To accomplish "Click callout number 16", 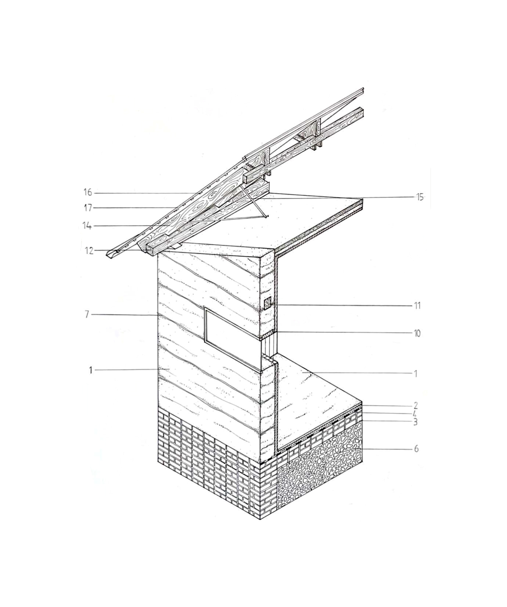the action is tap(88, 192).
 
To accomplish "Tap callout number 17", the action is tap(88, 208).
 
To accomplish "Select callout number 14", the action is tap(87, 226).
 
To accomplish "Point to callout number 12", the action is tap(89, 251).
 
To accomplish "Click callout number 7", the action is tap(87, 314).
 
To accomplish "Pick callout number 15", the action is tap(420, 197).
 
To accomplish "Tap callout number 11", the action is tap(417, 306).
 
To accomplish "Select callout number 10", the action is tap(417, 333).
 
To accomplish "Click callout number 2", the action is tap(416, 406).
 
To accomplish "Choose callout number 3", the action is tap(415, 422).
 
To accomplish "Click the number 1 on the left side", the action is tap(90, 370).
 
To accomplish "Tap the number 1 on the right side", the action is tap(416, 374).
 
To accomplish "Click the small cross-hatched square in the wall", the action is tap(268, 302).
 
